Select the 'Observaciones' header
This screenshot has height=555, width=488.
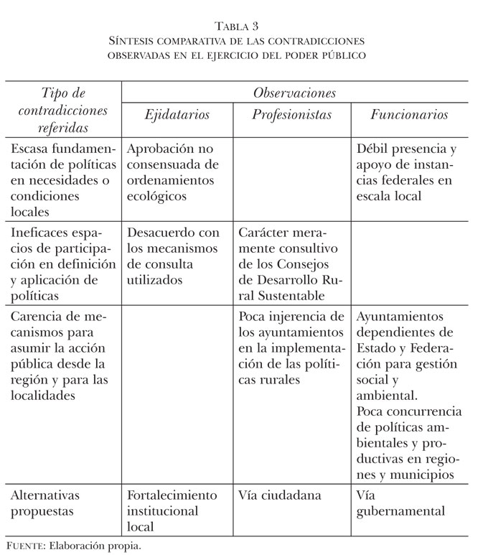[x=295, y=93]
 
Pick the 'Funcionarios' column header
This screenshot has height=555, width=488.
[x=409, y=115]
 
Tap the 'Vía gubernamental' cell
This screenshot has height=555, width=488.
[x=400, y=503]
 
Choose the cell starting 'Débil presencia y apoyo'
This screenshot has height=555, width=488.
[x=406, y=172]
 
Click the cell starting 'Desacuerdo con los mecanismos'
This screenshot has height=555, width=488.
[x=172, y=256]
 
